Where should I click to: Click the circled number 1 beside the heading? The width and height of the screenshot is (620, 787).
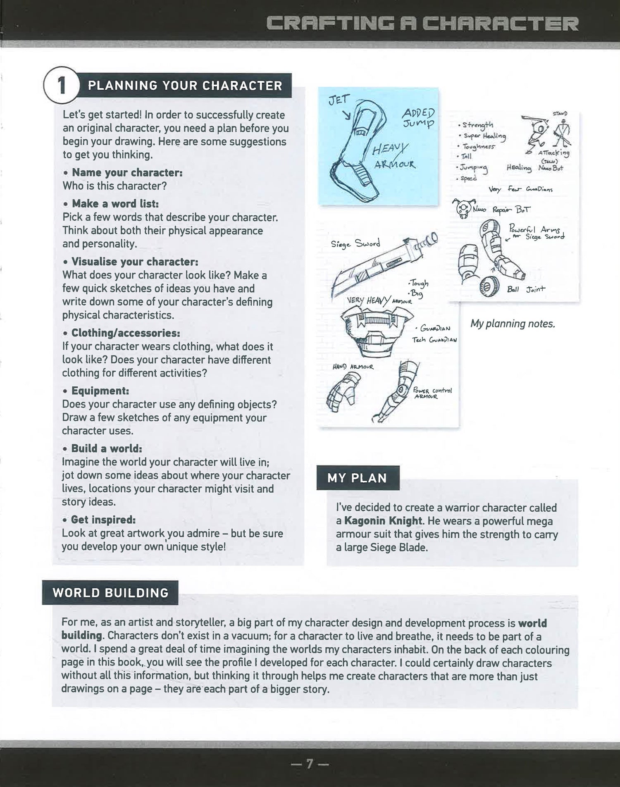[x=61, y=86]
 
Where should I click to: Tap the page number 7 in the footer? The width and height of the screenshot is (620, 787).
[x=310, y=764]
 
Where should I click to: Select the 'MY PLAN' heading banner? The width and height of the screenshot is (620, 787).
[x=358, y=478]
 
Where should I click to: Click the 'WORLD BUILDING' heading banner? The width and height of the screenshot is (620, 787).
[x=110, y=592]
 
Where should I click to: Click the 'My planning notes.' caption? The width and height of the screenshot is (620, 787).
[x=513, y=324]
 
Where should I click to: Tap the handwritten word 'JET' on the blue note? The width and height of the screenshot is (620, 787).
[x=339, y=100]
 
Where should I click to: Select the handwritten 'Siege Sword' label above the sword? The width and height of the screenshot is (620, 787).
[x=355, y=244]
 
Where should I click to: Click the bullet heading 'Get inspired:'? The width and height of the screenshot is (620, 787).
[x=103, y=520]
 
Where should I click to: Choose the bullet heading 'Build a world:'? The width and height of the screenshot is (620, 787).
[x=106, y=448]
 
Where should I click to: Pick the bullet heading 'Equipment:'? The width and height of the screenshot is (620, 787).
[x=100, y=391]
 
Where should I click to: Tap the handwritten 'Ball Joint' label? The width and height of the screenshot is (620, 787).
[x=526, y=289]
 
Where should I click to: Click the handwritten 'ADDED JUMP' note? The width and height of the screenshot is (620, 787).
[x=418, y=118]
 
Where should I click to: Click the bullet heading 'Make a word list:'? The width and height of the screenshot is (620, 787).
[x=115, y=203]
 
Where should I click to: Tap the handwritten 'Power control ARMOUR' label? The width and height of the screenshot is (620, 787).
[x=432, y=393]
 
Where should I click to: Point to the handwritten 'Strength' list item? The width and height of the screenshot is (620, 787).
[x=477, y=124]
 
